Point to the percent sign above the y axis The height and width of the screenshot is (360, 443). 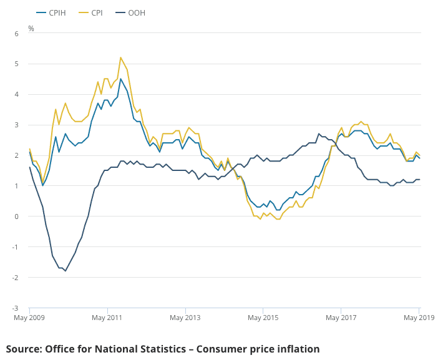tap(31, 29)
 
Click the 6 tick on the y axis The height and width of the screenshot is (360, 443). tap(17, 33)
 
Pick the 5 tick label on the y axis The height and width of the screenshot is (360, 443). tap(17, 64)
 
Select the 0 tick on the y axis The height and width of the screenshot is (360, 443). tap(17, 216)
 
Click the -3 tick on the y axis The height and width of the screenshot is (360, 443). tap(16, 308)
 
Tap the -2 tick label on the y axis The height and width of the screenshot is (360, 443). tap(16, 278)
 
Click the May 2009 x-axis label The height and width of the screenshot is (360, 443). tap(29, 318)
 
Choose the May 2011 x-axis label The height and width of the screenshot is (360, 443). tap(107, 318)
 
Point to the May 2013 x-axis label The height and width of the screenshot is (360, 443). tap(185, 318)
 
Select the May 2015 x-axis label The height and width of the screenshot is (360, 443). tap(263, 318)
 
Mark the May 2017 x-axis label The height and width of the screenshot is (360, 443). tap(341, 318)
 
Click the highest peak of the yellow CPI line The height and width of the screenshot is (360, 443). tap(120, 57)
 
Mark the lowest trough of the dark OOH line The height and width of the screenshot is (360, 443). tap(66, 271)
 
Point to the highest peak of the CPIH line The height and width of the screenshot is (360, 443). tap(121, 79)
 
